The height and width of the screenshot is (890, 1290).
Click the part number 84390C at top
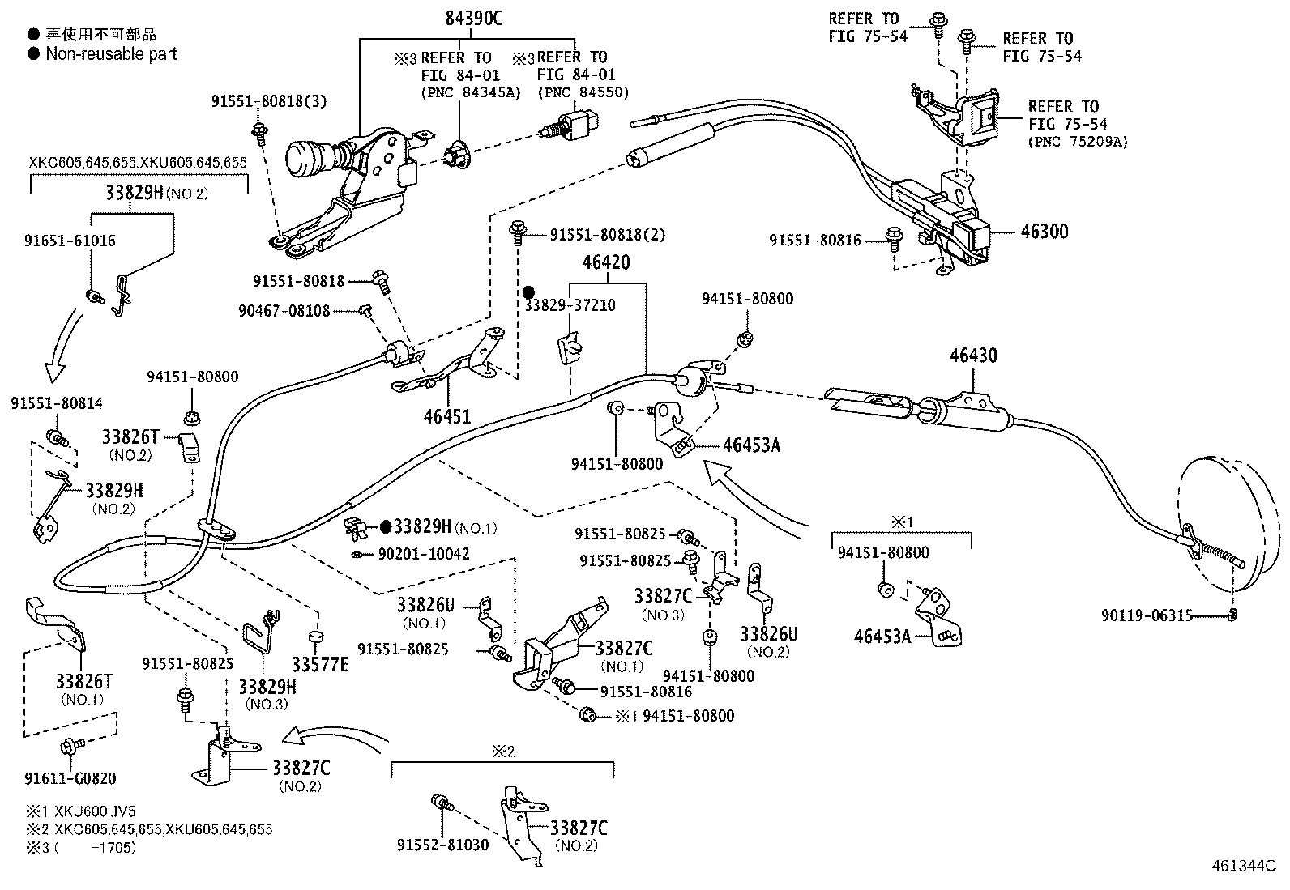(473, 18)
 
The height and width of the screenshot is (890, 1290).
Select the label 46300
(1044, 232)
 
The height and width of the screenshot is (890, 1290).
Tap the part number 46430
(973, 356)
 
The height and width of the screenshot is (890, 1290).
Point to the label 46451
(446, 416)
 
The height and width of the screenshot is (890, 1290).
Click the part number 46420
(605, 263)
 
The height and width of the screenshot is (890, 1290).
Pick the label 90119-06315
(1147, 615)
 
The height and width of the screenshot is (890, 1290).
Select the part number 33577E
(320, 664)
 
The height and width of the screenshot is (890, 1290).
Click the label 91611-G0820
(70, 778)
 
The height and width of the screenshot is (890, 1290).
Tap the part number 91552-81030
(442, 845)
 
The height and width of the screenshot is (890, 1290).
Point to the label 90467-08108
(284, 311)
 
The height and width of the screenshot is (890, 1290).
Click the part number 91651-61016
(70, 241)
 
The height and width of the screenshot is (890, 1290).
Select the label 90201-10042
(424, 555)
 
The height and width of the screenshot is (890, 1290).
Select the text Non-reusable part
(111, 54)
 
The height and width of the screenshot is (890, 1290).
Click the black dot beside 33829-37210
(528, 292)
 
